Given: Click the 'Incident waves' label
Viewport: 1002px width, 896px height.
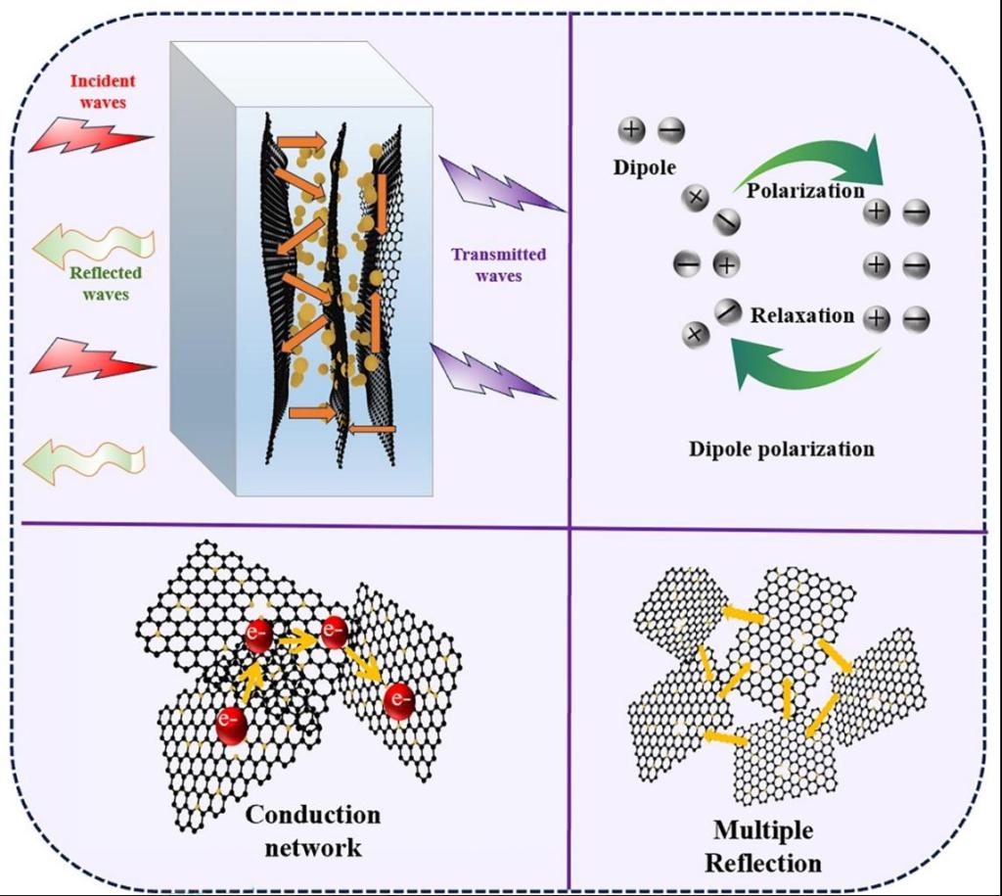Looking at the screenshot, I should click(103, 91).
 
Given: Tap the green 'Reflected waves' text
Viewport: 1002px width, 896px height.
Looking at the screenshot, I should click(106, 283).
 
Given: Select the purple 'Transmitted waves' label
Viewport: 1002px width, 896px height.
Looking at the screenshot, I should click(498, 265).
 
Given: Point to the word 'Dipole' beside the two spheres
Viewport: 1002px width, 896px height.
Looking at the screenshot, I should click(645, 167).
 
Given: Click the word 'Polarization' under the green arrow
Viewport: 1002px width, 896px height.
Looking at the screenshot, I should click(805, 190).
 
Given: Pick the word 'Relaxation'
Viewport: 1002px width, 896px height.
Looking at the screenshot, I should click(802, 316).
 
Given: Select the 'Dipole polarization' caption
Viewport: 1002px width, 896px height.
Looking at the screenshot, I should click(781, 449).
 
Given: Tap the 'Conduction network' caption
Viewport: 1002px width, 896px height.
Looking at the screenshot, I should click(312, 830).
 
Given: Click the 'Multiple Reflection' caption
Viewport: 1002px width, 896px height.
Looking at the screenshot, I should click(763, 847).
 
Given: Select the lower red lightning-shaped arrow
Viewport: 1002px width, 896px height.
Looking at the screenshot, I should click(91, 359).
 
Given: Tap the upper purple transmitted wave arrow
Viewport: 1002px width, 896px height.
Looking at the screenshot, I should click(499, 186).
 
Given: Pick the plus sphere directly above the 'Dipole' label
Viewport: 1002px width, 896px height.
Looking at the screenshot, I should click(632, 129).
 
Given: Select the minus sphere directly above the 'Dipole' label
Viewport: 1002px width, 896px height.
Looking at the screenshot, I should click(670, 130).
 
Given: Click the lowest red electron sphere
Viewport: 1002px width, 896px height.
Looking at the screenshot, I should click(232, 724).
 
